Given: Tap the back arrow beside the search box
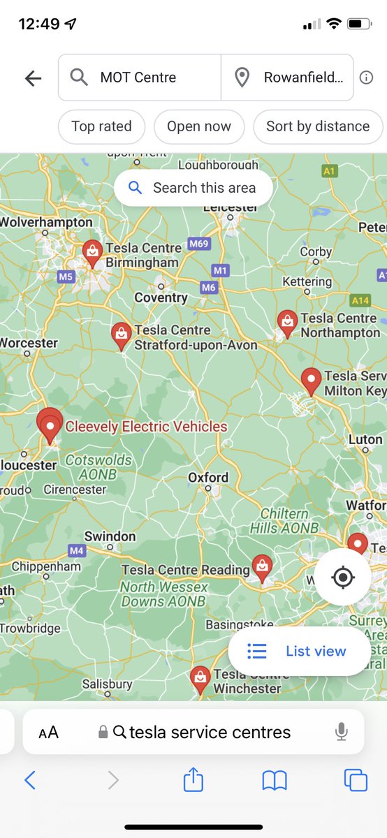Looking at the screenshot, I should (x=33, y=78).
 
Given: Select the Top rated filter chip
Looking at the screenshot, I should (x=101, y=126).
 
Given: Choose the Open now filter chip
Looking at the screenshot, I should (x=199, y=126).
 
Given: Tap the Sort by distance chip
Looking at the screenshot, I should (x=318, y=126).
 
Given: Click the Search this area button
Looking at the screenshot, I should (x=193, y=188).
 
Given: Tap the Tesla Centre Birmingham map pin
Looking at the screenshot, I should (x=92, y=252).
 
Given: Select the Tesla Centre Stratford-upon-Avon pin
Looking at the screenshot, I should (x=122, y=335).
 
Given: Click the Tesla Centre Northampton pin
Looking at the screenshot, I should (x=286, y=323).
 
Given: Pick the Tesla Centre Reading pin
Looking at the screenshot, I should (x=262, y=567).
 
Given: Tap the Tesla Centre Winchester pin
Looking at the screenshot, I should (x=200, y=678).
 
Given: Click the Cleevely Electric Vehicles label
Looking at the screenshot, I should (x=146, y=427).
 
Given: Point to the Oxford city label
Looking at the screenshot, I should (x=208, y=478).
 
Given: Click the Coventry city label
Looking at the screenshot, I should (x=161, y=297).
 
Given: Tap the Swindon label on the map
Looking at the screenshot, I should (x=110, y=536).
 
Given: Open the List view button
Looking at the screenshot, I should (x=300, y=652).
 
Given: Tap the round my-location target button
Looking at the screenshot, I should (x=342, y=578).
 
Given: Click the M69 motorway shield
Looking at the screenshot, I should (x=198, y=244).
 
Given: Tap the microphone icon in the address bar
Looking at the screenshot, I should (x=341, y=732).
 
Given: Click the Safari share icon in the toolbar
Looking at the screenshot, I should (x=193, y=780).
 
